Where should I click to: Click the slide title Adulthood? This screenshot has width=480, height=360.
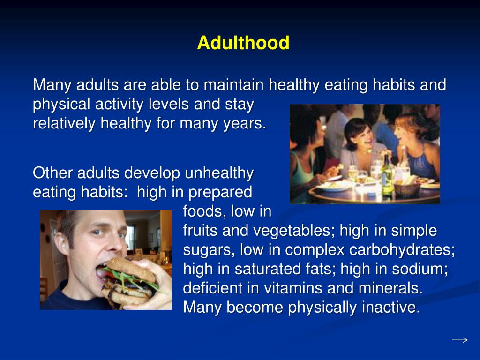[x=243, y=43]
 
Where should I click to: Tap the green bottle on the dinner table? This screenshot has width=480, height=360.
[x=387, y=176]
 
